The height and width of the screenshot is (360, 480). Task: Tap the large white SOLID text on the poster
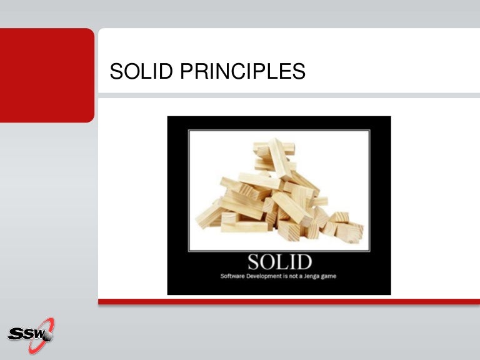(279, 261)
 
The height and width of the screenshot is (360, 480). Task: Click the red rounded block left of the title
(47, 75)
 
